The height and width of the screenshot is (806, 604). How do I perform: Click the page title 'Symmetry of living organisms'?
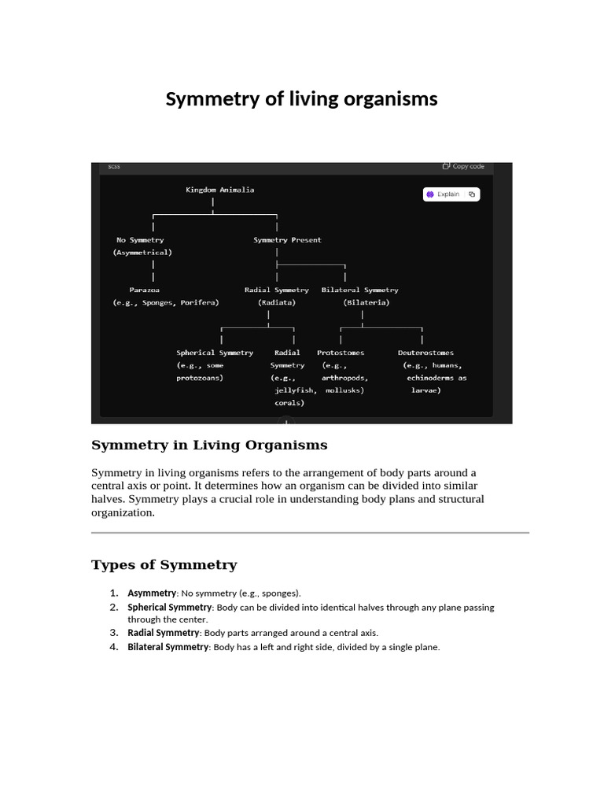pos(301,99)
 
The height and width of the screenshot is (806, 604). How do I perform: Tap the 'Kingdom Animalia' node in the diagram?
pos(219,190)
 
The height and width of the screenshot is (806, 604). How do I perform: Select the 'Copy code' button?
pos(463,166)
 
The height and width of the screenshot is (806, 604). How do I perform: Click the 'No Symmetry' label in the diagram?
pos(140,240)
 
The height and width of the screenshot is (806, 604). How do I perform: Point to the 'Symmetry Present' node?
pos(287,240)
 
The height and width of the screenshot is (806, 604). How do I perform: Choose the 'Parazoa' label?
pos(145,290)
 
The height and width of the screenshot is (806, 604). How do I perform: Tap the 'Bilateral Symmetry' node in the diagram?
pos(359,290)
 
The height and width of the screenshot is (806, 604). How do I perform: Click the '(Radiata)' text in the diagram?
pos(276,302)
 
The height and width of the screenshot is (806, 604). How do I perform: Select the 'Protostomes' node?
pos(341,353)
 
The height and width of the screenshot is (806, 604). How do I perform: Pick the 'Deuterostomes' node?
pos(425,353)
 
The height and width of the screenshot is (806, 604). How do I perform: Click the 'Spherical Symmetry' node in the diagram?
pos(215,353)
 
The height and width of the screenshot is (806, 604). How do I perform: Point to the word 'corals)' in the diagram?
pos(289,402)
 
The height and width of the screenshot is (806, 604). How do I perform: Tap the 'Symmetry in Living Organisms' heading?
pos(209,446)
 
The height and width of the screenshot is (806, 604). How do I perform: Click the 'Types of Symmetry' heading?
pos(164,565)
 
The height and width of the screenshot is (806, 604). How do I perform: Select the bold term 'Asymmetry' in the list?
pos(152,593)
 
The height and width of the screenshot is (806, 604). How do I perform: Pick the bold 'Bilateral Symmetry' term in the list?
pos(168,647)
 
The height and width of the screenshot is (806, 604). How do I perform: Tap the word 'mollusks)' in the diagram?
pos(344,390)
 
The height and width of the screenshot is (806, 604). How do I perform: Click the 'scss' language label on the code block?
pos(114,166)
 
